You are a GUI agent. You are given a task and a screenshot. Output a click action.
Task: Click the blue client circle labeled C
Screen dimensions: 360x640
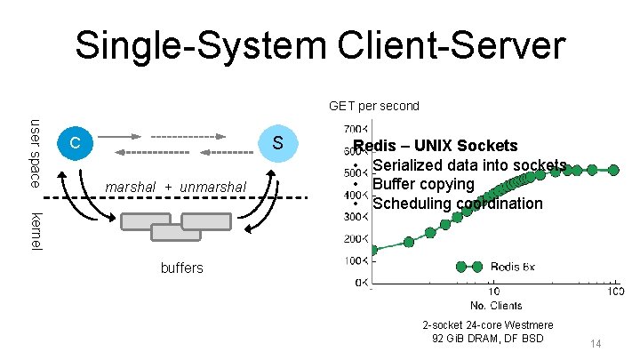point(76,143)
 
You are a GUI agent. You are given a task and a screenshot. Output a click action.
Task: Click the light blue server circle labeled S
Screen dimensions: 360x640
point(277,143)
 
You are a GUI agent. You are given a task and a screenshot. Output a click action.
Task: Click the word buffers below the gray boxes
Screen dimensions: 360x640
point(181,267)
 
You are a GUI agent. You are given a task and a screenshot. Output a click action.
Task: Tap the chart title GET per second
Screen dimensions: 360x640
point(373,106)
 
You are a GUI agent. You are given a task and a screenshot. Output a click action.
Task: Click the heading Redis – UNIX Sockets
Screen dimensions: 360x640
point(436,145)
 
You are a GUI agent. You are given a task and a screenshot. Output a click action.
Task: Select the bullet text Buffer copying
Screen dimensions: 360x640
point(423,184)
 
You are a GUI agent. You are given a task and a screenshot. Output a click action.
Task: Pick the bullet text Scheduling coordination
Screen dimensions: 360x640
point(457,204)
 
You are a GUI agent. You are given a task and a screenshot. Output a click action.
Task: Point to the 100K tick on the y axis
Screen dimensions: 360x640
point(355,260)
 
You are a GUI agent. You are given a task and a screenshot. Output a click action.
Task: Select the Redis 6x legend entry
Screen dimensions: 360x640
point(512,266)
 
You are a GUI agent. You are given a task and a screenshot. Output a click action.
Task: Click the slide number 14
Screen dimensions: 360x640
point(596,343)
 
